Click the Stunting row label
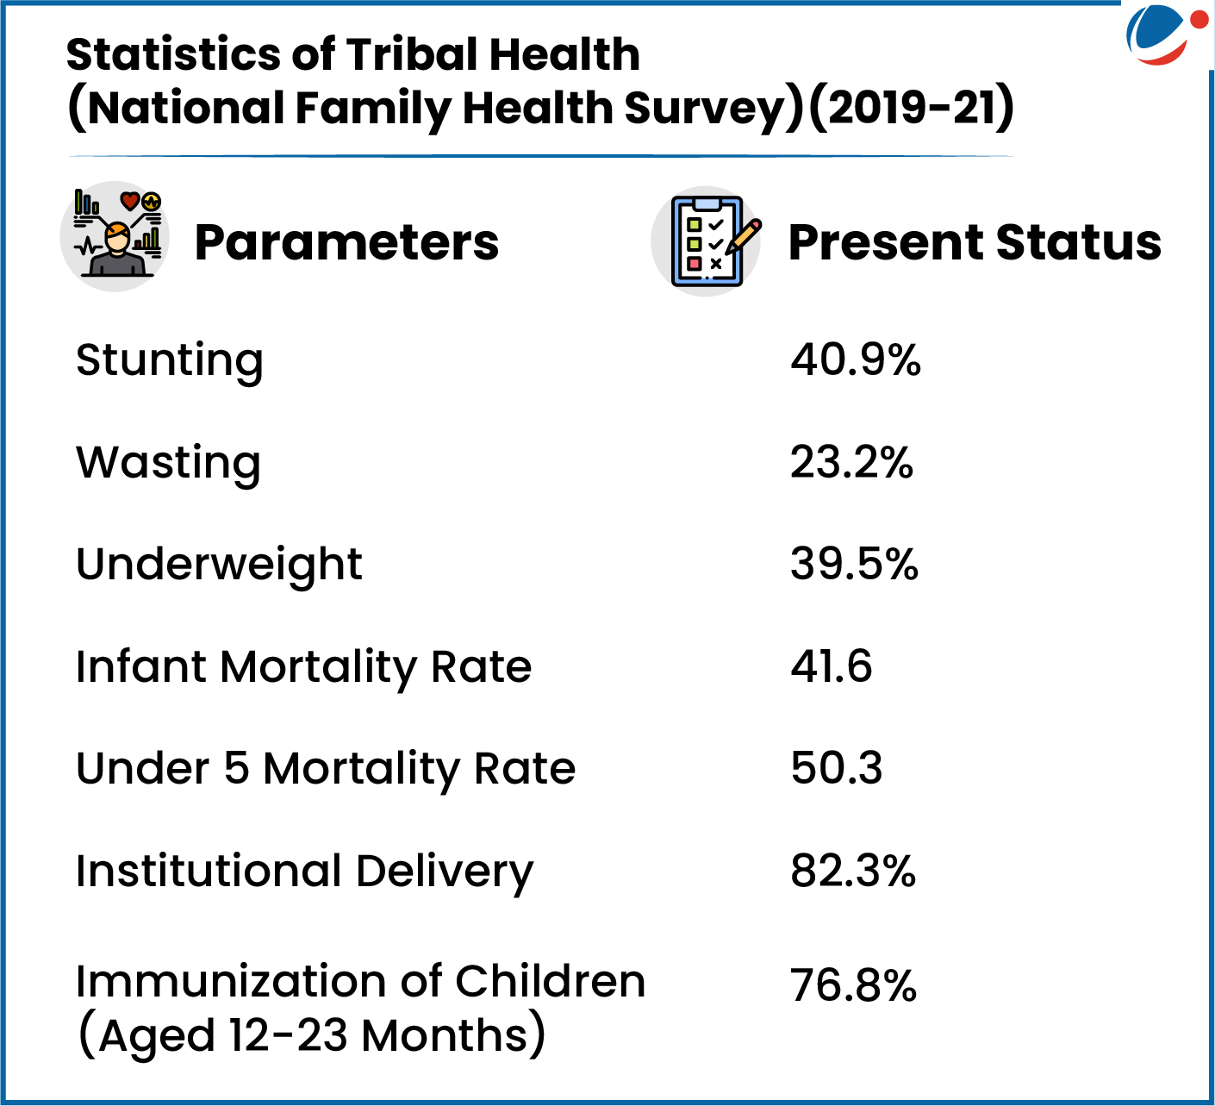click(x=170, y=362)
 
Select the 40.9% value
click(x=855, y=360)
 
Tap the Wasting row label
click(x=168, y=465)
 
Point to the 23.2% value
click(x=851, y=462)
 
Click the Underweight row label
click(x=219, y=566)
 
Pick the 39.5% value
click(x=855, y=565)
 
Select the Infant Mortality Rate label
click(x=303, y=668)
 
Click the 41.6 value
click(x=831, y=666)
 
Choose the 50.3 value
click(x=837, y=768)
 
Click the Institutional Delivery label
click(x=304, y=873)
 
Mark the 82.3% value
click(x=853, y=871)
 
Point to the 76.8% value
click(x=853, y=985)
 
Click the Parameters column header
click(x=346, y=242)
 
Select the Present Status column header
click(x=975, y=242)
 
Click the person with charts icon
click(x=115, y=236)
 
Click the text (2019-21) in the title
click(x=911, y=107)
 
